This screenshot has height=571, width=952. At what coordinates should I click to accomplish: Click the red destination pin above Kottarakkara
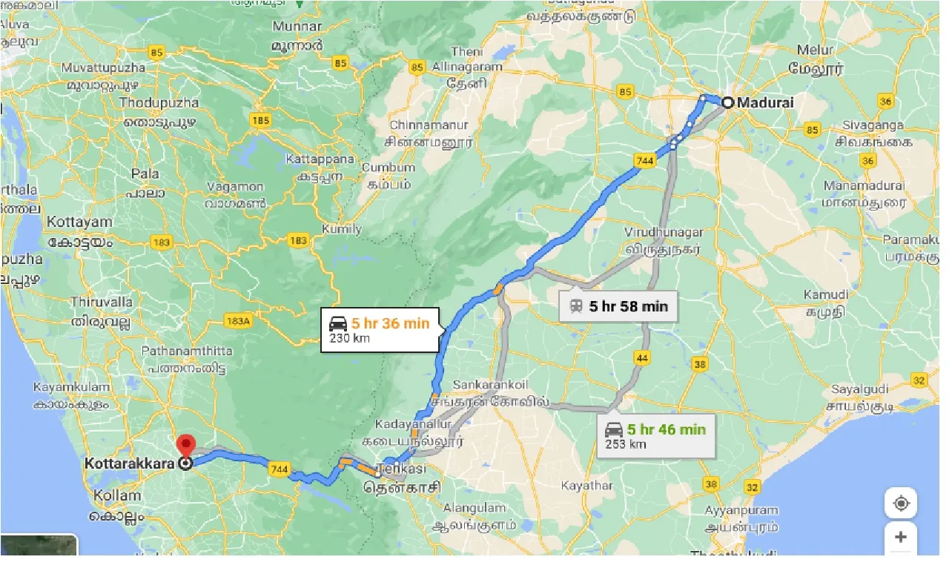point(185,446)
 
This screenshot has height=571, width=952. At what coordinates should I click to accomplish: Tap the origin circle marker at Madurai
point(728,103)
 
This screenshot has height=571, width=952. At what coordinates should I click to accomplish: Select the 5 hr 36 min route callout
point(381,329)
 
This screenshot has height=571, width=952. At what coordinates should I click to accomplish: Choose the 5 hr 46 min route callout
point(656,435)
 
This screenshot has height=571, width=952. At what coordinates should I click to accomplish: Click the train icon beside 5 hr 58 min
point(575,306)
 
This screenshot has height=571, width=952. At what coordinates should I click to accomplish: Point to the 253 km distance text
point(626,444)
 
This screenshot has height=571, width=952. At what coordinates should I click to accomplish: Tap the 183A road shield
point(238,320)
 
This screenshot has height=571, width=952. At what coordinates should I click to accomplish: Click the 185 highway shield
point(261,119)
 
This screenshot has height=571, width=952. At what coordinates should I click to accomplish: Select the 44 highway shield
point(642,358)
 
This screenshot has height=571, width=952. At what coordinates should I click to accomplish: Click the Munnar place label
point(297,27)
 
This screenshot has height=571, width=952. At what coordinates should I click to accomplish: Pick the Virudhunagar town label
point(664,232)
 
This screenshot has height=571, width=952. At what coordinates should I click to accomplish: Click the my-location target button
point(901,504)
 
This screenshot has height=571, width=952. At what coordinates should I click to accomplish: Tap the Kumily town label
point(342,229)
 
